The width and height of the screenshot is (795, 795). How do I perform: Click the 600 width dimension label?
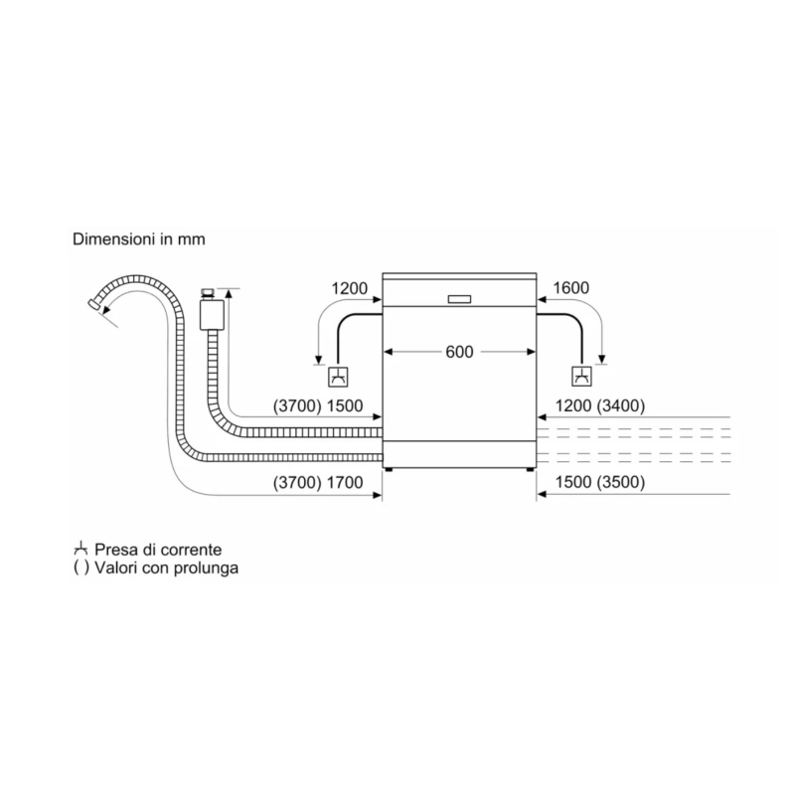(x=459, y=351)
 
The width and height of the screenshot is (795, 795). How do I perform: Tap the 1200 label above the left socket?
(x=350, y=288)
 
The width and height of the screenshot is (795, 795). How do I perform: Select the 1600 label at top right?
(x=569, y=288)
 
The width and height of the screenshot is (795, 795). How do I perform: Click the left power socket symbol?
(x=338, y=377)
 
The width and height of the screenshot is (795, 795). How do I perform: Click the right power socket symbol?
(x=580, y=377)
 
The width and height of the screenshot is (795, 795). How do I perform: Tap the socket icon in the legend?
(x=80, y=549)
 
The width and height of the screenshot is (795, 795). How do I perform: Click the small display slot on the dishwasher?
(x=460, y=298)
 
